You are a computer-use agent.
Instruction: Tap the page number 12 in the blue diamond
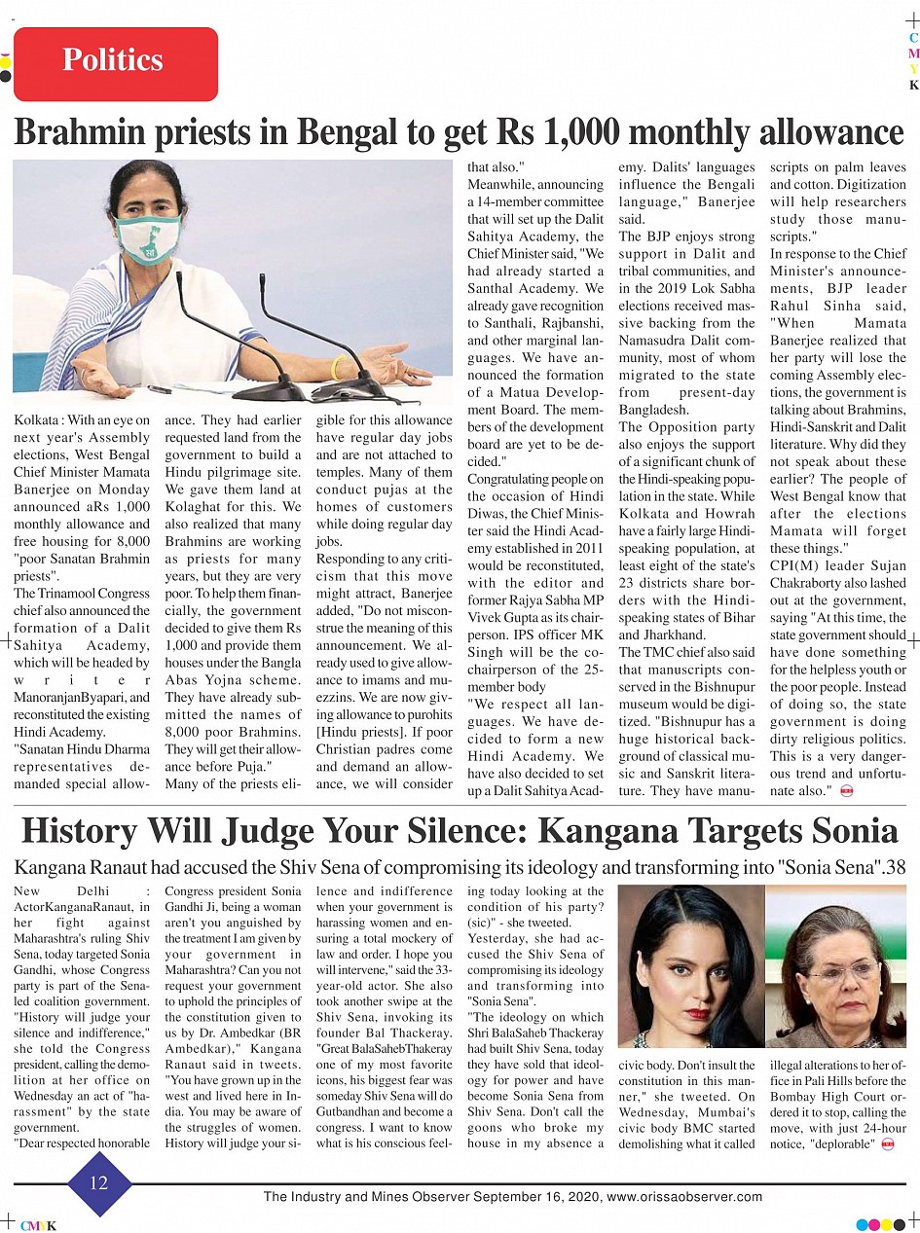98,1183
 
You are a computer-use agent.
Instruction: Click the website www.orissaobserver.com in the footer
684,1197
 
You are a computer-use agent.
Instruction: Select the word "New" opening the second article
29,891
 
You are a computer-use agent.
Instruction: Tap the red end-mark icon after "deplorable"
887,1144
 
